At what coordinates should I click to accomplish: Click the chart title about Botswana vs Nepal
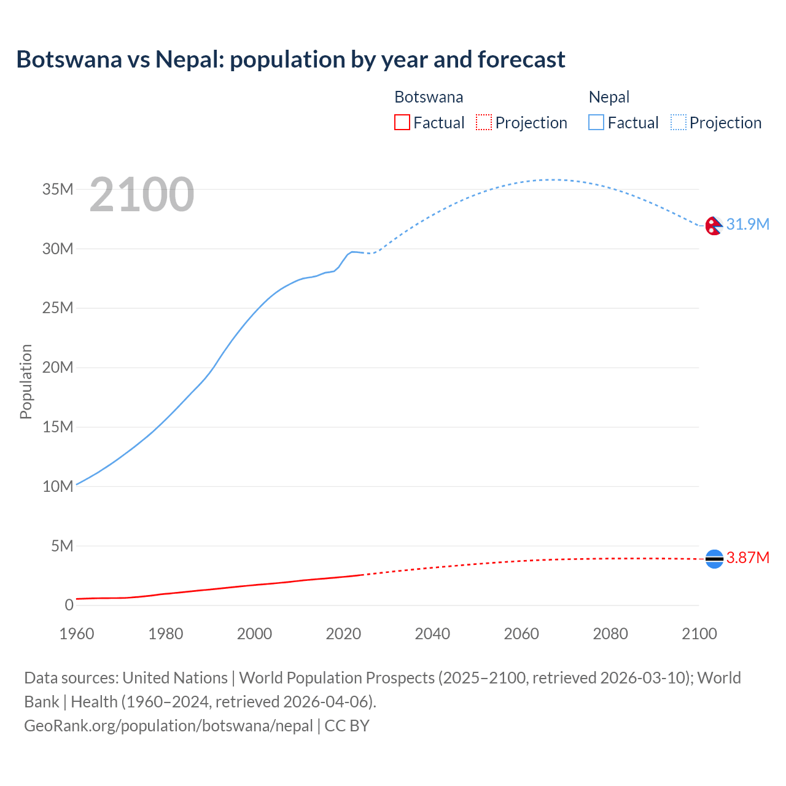290,60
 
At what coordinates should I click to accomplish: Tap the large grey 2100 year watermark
142,195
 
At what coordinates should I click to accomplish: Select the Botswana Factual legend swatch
402,123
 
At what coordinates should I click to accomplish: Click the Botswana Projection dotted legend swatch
484,123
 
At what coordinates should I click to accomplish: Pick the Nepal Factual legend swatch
596,123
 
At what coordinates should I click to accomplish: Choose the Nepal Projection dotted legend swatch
679,123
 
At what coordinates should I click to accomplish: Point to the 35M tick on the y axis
58,189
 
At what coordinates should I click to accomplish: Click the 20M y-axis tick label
58,367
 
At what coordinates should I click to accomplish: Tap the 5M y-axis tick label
62,546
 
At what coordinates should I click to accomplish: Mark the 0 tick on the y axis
69,605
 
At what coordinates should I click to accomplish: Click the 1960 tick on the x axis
77,634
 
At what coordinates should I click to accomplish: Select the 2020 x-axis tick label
343,634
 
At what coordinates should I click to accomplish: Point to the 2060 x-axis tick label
521,634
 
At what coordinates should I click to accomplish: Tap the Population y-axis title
26,381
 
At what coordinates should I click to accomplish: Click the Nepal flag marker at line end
714,226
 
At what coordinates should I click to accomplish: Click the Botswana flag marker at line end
714,558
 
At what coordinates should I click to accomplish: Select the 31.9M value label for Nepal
747,225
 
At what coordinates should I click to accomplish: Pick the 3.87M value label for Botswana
747,558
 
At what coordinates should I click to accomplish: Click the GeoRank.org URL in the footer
168,726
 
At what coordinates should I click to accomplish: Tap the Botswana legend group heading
429,97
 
